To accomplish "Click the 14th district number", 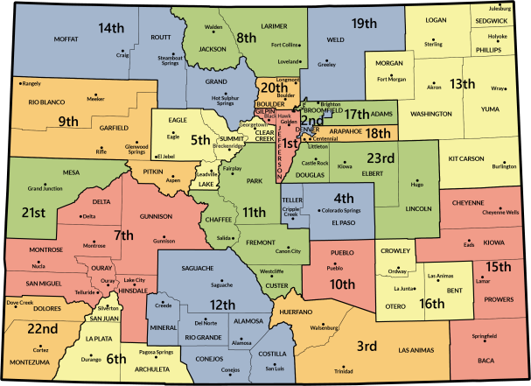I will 111,28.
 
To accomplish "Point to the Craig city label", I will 122,54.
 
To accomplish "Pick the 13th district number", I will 462,84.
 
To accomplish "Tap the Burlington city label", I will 504,165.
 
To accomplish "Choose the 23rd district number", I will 381,158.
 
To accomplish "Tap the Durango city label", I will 92,359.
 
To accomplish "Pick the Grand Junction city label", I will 45,188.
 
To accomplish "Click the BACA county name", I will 486,361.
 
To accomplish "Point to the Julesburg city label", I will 499,8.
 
